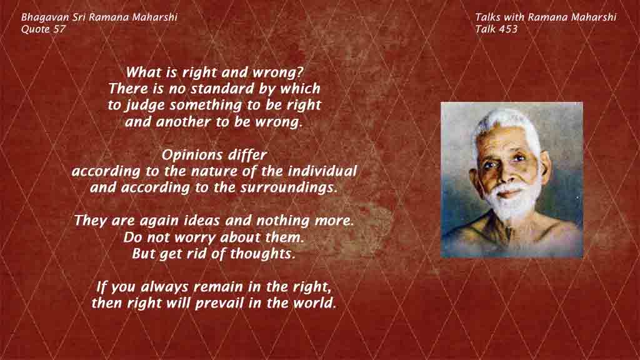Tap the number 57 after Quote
point(59,29)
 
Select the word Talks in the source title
point(487,17)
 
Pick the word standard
point(223,89)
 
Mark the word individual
point(322,171)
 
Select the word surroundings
point(289,187)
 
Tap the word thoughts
point(262,254)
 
